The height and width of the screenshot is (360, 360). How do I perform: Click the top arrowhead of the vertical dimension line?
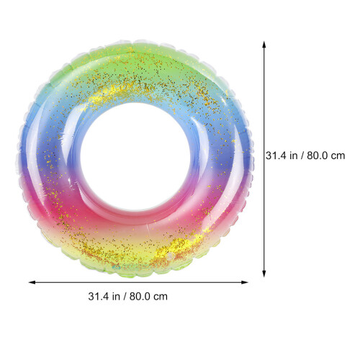coord(264,45)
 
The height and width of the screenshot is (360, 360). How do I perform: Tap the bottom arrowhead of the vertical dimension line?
coord(264,274)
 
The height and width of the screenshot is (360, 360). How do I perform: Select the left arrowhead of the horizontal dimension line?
coord(32,282)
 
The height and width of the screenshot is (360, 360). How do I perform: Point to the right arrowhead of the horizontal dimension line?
coord(245,282)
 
